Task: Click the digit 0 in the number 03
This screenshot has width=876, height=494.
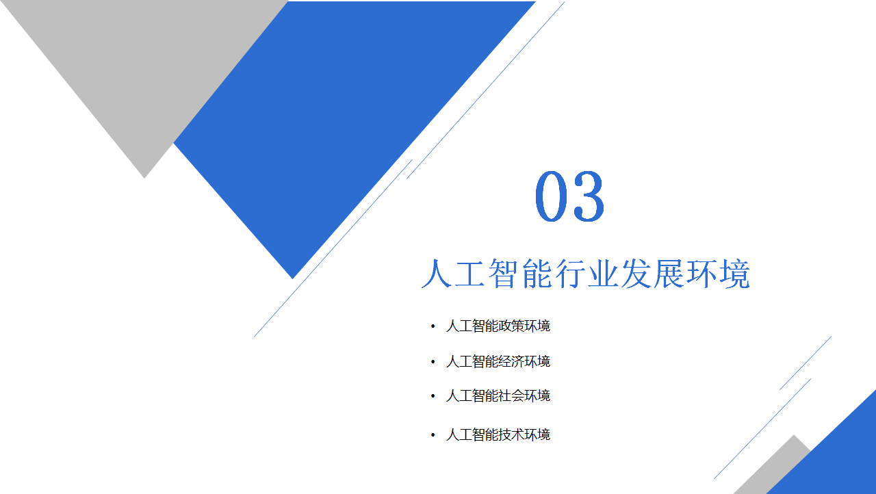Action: tap(552, 196)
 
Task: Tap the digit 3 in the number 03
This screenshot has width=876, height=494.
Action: tap(588, 196)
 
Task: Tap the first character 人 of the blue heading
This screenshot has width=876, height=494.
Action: tap(436, 274)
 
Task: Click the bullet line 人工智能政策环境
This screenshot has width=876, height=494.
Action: tap(498, 326)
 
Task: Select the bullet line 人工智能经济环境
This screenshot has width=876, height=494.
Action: tap(498, 361)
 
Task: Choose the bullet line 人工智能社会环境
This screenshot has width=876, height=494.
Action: tap(498, 396)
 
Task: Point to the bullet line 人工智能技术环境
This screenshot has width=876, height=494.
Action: tap(498, 434)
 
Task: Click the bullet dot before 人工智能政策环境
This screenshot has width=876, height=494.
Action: tap(433, 326)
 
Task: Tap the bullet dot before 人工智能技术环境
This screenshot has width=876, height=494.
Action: tap(433, 434)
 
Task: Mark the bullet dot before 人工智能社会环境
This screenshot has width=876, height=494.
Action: tap(433, 396)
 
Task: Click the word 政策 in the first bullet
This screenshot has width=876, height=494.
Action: tap(511, 326)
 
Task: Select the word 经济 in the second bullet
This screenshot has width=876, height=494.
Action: tap(511, 361)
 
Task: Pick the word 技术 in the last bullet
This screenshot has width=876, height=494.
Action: tap(511, 434)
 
